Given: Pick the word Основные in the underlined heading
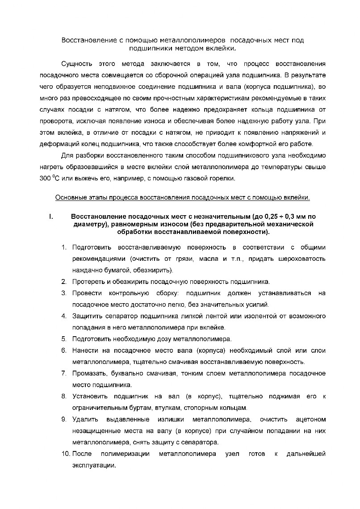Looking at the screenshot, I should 69,197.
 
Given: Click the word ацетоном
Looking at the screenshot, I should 311,420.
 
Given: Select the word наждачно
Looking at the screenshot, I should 86,270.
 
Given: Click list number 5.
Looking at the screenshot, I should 64,339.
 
